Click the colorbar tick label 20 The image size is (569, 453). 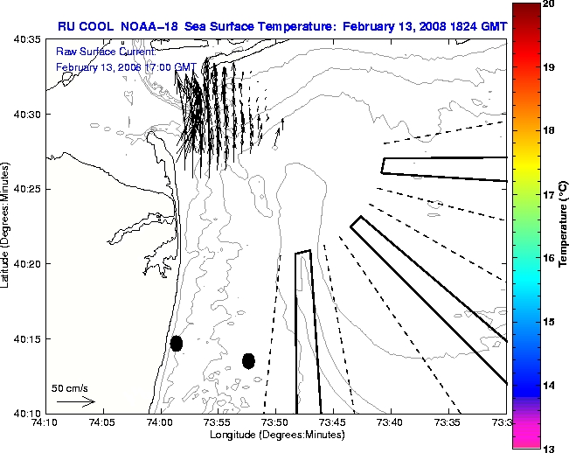548,3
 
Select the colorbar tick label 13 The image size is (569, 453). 548,448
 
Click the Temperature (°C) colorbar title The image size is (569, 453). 564,226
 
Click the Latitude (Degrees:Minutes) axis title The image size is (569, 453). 8,226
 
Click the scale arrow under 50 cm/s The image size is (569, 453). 76,401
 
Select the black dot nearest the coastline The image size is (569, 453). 177,343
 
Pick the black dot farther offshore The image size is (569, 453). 248,360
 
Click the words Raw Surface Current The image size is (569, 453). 95,52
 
